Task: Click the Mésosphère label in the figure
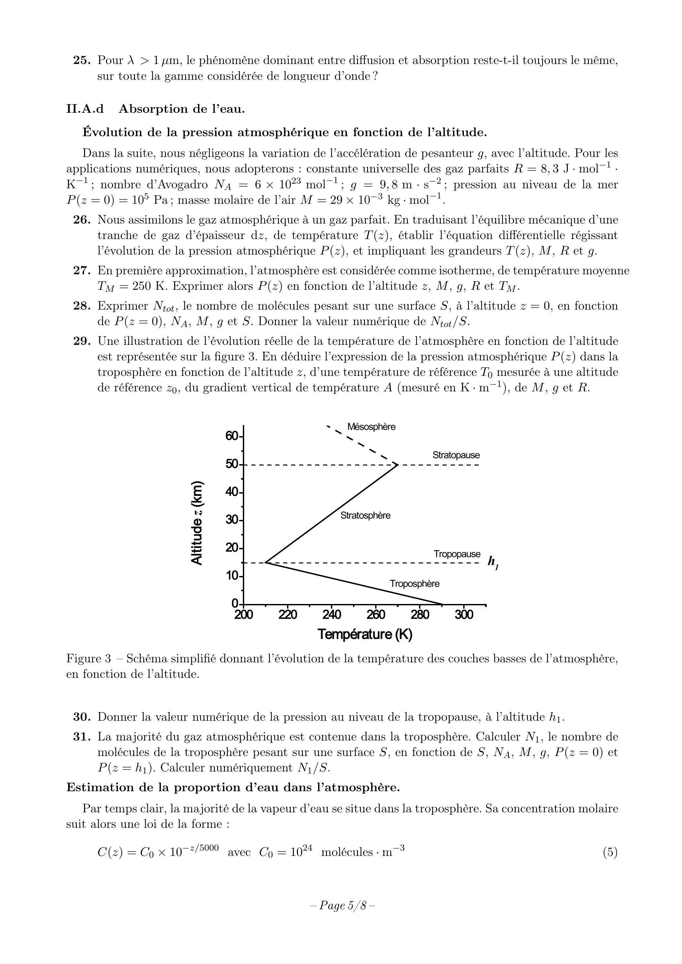(371, 427)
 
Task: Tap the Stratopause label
(456, 455)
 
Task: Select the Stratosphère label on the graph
(365, 515)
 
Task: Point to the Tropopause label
(457, 554)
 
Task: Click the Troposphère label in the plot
(414, 584)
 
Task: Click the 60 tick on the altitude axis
(232, 436)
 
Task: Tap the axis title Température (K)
(365, 634)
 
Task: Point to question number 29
(82, 341)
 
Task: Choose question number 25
(82, 60)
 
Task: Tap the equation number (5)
(610, 852)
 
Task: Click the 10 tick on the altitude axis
(232, 576)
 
